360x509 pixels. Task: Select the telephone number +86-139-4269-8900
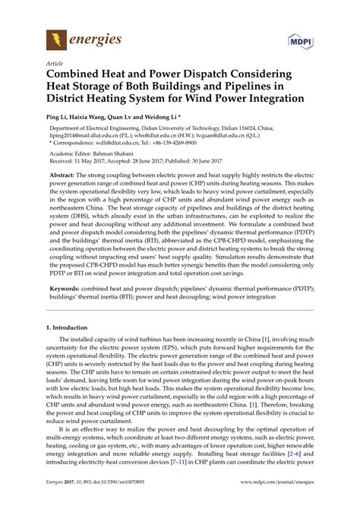pyautogui.click(x=187, y=142)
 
